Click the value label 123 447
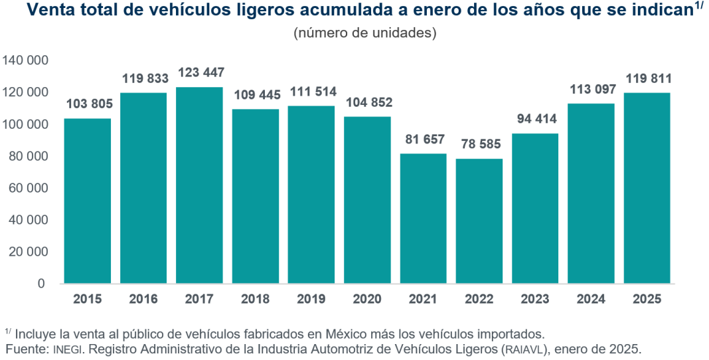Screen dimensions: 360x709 coord(200,72)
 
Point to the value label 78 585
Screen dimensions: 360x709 coord(479,143)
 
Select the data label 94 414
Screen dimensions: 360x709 coord(535,119)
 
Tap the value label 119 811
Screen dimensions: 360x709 coord(647,78)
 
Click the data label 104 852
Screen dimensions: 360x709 coord(367,103)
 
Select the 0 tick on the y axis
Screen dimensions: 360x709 coord(41,284)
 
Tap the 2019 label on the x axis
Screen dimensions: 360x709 coord(311,300)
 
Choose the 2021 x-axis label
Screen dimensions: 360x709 coord(424,300)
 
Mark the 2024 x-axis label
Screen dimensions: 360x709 coord(591,300)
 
